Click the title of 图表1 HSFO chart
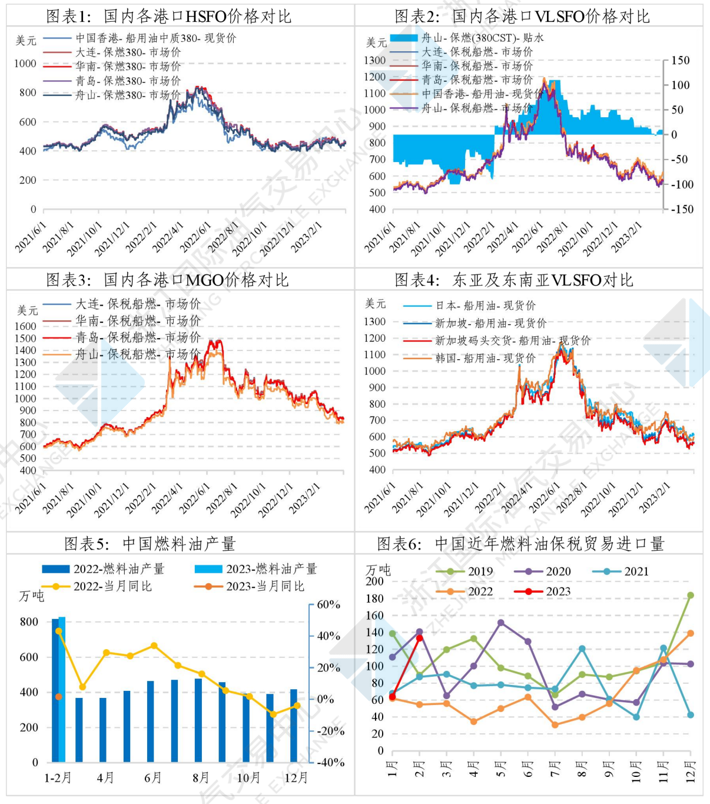tap(169, 16)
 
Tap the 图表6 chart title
tap(520, 544)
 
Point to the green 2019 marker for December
tap(691, 595)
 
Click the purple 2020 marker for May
tap(500, 623)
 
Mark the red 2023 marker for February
tap(419, 638)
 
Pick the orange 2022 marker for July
tap(555, 725)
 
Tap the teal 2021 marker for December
tap(691, 715)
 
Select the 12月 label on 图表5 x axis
tap(296, 777)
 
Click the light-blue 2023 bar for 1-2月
tap(62, 689)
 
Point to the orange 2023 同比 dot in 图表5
tap(59, 697)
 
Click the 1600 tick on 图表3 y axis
tap(27, 326)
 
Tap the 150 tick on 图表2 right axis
tap(680, 60)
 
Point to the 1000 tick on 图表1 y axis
tap(25, 64)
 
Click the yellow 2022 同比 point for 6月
tap(154, 646)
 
